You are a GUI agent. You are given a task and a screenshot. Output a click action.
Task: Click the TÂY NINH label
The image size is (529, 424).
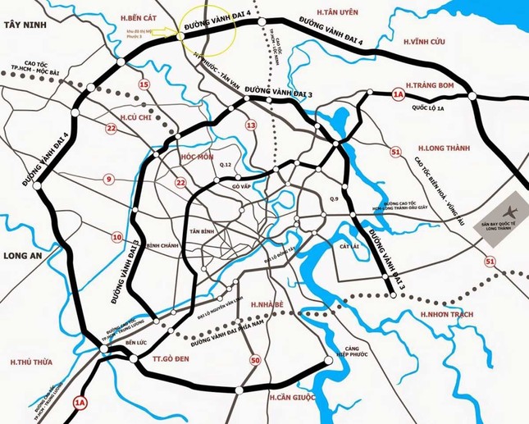tap(22, 26)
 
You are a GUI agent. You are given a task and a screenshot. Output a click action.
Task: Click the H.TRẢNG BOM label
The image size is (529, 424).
tap(433, 84)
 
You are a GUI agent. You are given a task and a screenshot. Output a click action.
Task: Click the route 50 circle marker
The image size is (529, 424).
tap(256, 358)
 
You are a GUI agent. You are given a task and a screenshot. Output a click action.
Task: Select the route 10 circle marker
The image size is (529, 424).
tap(116, 237)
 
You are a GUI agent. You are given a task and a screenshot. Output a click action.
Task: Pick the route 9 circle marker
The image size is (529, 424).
tap(107, 178)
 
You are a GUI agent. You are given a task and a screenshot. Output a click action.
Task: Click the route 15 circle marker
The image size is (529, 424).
tap(144, 84)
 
